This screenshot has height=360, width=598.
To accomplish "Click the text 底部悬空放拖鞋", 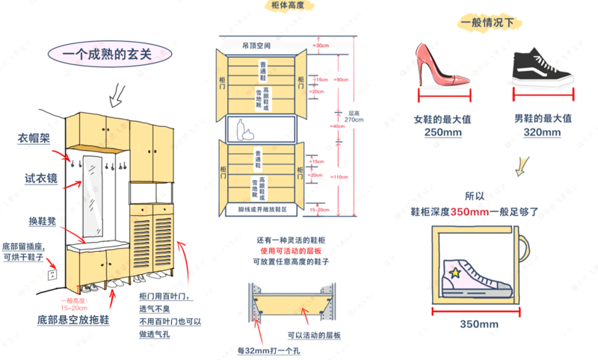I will (x=73, y=320).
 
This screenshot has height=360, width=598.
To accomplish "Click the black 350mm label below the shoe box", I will (x=478, y=324).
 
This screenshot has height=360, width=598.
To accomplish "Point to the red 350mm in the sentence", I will (x=470, y=212).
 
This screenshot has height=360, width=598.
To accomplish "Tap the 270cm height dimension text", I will (x=354, y=120).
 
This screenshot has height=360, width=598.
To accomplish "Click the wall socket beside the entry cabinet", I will (x=52, y=274).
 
